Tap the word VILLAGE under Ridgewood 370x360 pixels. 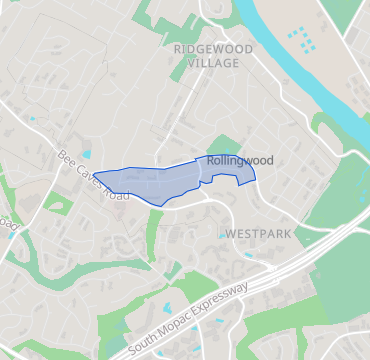click(x=212, y=63)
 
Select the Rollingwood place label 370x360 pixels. click(x=241, y=160)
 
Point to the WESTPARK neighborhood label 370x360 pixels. click(x=257, y=233)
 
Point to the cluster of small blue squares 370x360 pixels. click(x=301, y=40)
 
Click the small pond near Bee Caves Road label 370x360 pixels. click(x=86, y=154)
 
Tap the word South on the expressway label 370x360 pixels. click(x=147, y=341)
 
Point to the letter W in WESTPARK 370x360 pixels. click(x=231, y=233)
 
